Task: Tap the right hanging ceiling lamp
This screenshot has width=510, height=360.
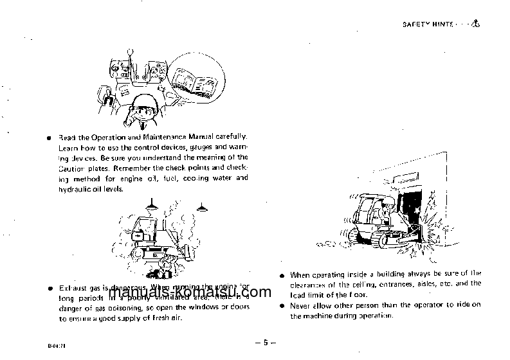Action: [203, 208]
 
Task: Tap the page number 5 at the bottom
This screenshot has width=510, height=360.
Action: [264, 343]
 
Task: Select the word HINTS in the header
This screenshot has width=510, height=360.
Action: [442, 25]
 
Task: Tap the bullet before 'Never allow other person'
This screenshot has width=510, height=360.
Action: [282, 305]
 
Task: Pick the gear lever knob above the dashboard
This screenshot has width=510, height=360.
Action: [129, 49]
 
